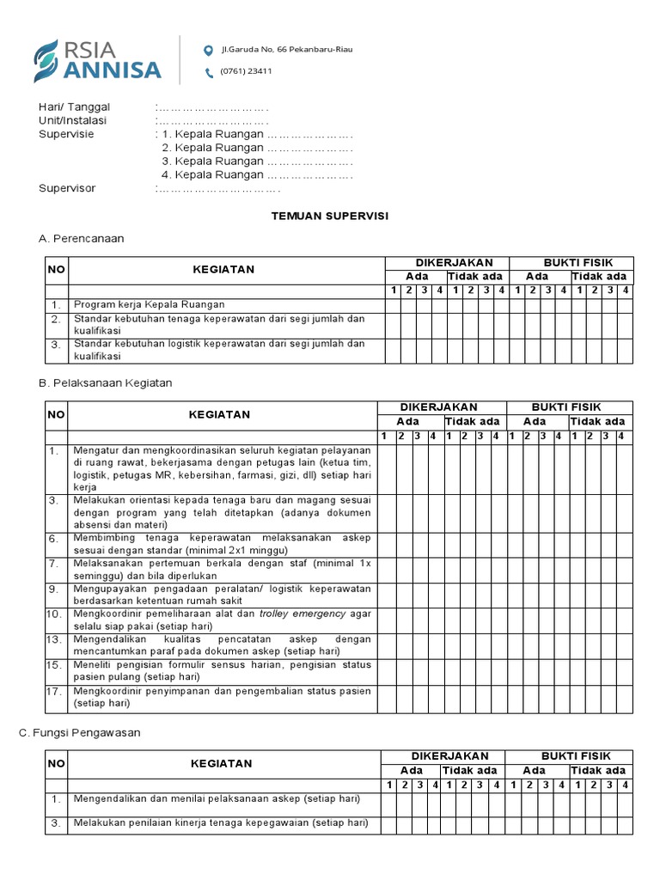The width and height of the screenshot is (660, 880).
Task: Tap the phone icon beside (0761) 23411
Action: coord(208,72)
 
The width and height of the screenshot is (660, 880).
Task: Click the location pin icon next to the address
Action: coord(208,50)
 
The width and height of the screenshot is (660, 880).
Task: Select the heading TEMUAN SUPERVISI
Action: coord(330,216)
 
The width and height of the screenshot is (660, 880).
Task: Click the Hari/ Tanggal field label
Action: coord(75,107)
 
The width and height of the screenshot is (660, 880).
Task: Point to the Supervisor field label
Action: coord(67,188)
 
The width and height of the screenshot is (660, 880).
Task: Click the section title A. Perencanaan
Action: coord(82,238)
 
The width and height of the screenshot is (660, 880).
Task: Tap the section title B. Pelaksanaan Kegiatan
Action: coord(106,382)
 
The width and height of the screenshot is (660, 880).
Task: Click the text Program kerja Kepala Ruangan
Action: coord(150,304)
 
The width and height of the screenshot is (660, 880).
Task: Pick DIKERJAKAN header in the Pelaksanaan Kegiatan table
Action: coord(439,407)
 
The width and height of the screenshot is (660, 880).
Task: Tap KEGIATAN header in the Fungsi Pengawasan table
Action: coord(221,763)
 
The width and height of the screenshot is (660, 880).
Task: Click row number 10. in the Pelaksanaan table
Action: coord(54,614)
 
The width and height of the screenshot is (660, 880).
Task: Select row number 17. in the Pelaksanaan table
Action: coord(54,690)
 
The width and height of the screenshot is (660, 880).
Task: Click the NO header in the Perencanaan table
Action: coord(56,270)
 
